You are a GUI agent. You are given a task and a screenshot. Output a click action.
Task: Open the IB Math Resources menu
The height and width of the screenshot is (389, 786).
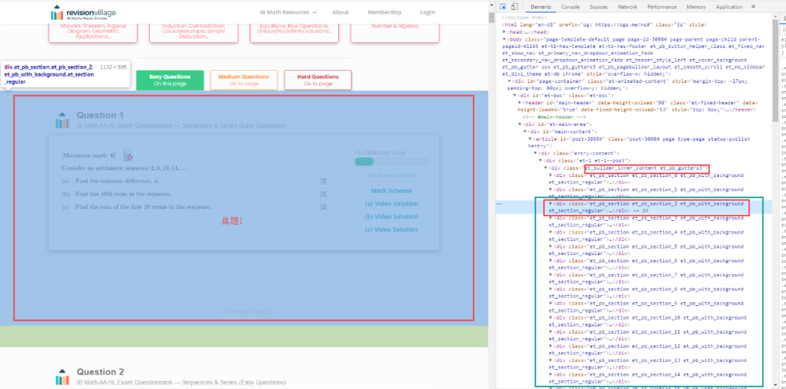point(287,12)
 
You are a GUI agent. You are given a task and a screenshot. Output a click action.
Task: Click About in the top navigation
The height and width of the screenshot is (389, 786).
point(341,12)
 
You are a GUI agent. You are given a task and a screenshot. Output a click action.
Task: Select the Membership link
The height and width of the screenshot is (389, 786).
point(384,12)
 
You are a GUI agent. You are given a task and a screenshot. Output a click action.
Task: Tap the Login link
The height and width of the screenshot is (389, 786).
point(427,12)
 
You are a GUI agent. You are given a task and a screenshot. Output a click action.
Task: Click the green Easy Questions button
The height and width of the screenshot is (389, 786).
point(170,80)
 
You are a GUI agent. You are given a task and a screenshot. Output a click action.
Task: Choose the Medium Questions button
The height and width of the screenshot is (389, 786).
point(243,80)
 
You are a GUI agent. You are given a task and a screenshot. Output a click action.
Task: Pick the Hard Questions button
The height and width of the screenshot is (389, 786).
point(317,80)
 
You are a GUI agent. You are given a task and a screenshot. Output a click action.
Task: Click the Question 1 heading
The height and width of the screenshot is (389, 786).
point(100,115)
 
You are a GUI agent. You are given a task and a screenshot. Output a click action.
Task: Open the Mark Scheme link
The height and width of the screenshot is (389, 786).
point(391,191)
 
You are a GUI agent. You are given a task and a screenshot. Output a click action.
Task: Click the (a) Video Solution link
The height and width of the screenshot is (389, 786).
point(392,204)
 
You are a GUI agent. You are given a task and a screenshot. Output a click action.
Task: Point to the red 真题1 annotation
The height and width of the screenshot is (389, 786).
point(231,220)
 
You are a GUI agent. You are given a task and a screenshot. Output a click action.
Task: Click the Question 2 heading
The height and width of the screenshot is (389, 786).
point(100,372)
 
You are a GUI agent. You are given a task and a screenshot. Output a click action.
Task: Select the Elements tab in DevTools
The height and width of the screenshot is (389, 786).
point(541,7)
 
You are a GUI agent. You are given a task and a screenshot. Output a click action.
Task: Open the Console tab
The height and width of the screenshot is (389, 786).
point(570,7)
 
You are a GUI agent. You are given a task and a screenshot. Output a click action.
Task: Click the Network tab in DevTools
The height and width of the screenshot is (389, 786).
point(627,7)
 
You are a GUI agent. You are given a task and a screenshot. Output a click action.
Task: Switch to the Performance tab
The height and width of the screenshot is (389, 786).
point(662,7)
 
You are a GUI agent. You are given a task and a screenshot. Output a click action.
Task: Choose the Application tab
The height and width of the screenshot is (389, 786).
point(729,7)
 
